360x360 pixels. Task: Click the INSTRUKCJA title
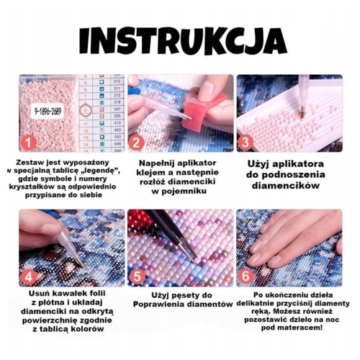coord(183,42)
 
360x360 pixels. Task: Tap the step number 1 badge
coord(29,143)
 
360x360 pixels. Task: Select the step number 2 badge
coord(136,143)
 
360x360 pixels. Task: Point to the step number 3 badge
coord(245,143)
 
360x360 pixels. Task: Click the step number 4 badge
coord(29,277)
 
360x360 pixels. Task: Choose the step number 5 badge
coord(137,276)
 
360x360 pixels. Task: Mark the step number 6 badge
coord(246,276)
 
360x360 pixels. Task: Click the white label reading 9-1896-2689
coord(48,111)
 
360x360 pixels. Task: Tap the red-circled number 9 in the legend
coord(86,111)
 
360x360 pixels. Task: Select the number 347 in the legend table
coord(117,109)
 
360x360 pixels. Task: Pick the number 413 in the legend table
coord(117,123)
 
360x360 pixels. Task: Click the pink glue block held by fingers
coord(204,112)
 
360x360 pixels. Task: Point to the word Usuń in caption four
coord(40,294)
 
